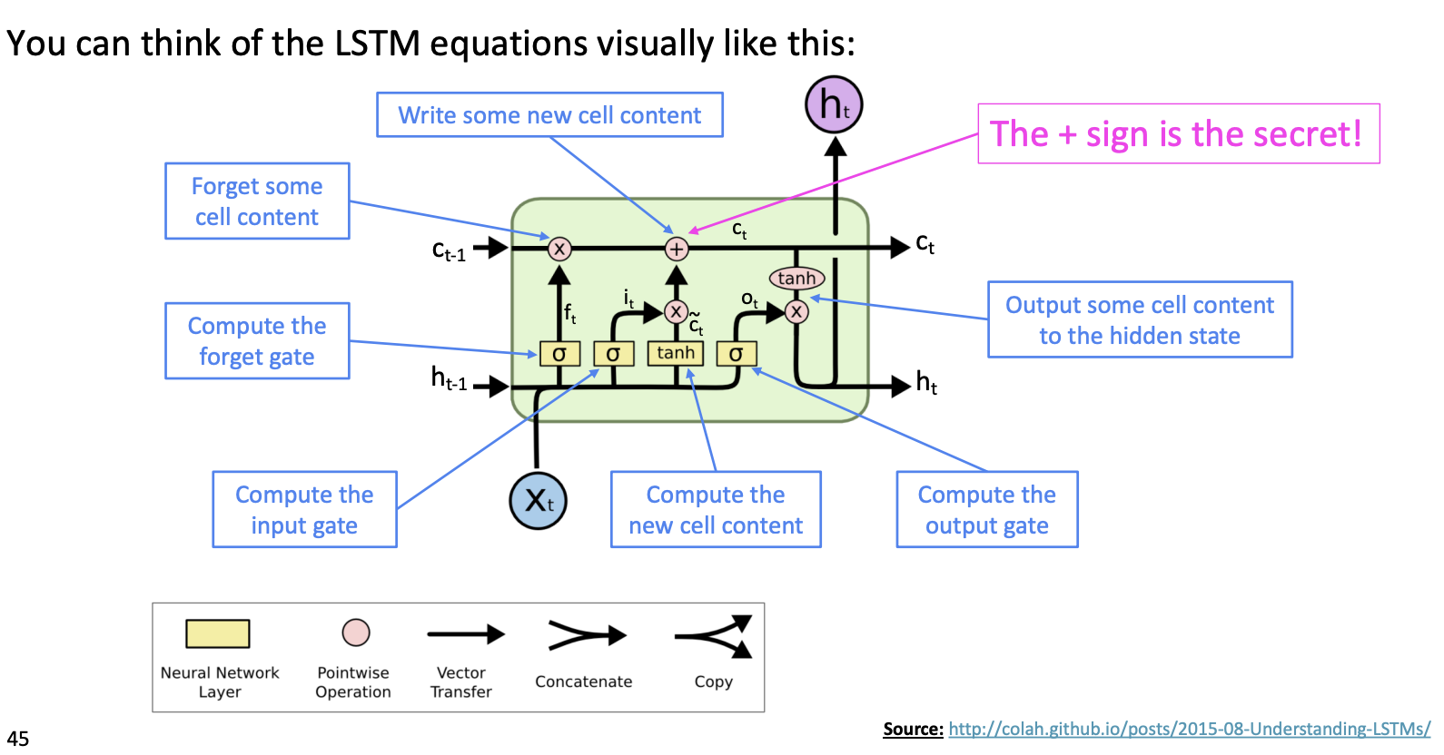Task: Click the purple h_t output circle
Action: click(834, 104)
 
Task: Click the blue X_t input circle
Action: click(538, 500)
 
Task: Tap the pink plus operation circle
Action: click(677, 249)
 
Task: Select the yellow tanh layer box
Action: click(676, 353)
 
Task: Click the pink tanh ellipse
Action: click(796, 279)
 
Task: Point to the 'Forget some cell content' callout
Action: click(257, 201)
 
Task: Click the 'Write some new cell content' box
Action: click(549, 115)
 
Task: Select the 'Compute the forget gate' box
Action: click(257, 340)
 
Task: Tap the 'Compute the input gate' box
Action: click(304, 509)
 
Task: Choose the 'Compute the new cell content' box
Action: click(716, 509)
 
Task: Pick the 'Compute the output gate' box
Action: click(987, 509)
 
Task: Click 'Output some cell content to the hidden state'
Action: click(1140, 319)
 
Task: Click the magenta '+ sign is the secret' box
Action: click(1178, 134)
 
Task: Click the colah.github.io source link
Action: click(1190, 729)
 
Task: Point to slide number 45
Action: click(18, 739)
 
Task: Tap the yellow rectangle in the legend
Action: click(218, 633)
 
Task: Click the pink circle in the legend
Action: click(356, 632)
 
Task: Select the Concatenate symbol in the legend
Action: click(586, 635)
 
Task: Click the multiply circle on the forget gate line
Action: click(559, 249)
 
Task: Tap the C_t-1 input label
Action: click(449, 251)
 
